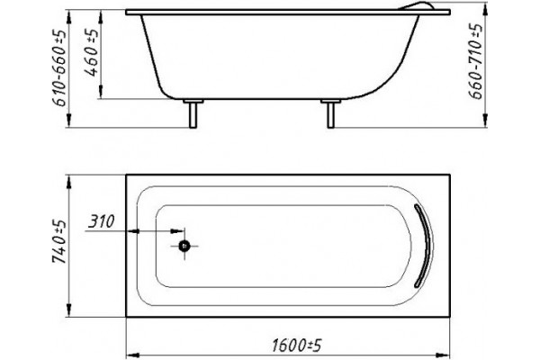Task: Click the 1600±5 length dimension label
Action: [x=296, y=345]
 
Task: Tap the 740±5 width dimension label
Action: [x=59, y=241]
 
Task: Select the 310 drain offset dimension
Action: [x=101, y=221]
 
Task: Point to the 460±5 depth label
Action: [x=91, y=52]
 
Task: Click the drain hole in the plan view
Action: [x=184, y=246]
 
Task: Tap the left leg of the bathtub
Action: [x=193, y=115]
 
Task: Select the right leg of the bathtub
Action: [x=330, y=115]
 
